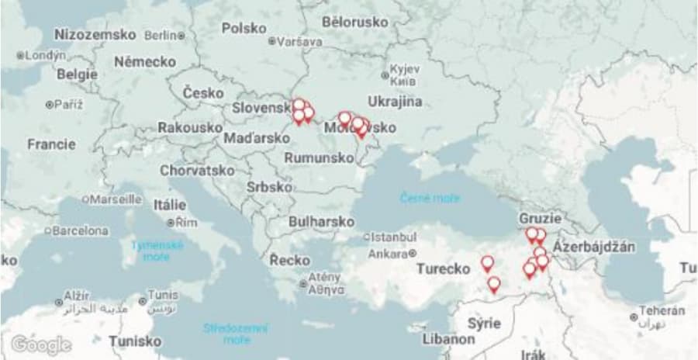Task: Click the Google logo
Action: point(41,344)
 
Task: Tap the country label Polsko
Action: point(244,28)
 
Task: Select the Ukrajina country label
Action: point(395,102)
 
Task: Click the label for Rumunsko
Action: point(319,157)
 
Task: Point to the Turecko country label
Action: point(443,269)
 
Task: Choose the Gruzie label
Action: point(541,218)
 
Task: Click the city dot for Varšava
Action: point(271,41)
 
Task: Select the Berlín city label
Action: point(161,35)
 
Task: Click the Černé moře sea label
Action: point(430,199)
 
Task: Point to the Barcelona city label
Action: point(81,230)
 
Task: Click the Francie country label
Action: point(51,144)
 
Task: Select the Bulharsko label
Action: point(321,221)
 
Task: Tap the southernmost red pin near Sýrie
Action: point(493,285)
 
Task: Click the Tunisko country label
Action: point(135,341)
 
